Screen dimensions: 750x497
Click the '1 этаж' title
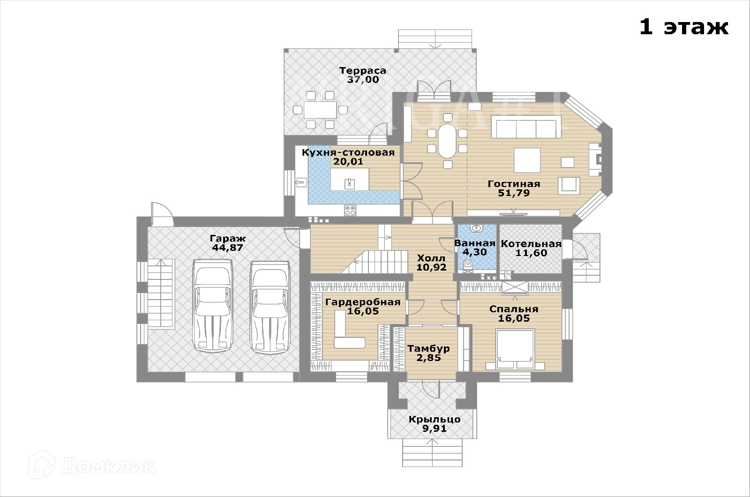pyautogui.click(x=683, y=27)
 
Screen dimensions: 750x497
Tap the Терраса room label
pyautogui.click(x=363, y=71)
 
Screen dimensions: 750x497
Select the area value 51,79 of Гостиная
pyautogui.click(x=514, y=193)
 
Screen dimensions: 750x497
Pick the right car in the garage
pyautogui.click(x=270, y=307)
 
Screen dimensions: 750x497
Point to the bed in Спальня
pyautogui.click(x=515, y=350)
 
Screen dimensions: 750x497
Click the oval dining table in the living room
pyautogui.click(x=447, y=141)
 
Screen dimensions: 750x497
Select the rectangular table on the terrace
pyautogui.click(x=320, y=110)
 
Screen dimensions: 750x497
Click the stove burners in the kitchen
pyautogui.click(x=350, y=210)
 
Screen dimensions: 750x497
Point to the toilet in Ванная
pyautogui.click(x=467, y=266)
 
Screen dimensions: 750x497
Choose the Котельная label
pyautogui.click(x=531, y=244)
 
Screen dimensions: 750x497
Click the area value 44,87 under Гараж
pyautogui.click(x=228, y=248)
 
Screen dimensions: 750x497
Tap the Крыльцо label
pyautogui.click(x=434, y=419)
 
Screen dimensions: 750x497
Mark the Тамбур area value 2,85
pyautogui.click(x=428, y=358)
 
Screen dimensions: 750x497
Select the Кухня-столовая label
pyautogui.click(x=348, y=152)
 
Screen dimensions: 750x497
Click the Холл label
pyautogui.click(x=431, y=258)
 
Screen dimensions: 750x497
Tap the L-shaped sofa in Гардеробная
pyautogui.click(x=347, y=333)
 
